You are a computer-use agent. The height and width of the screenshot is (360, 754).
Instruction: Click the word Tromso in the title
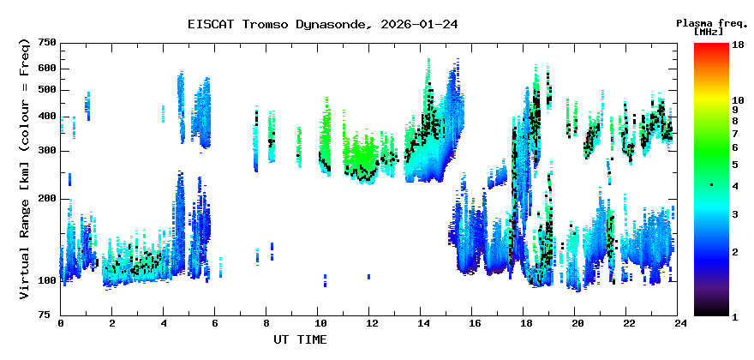[263, 24]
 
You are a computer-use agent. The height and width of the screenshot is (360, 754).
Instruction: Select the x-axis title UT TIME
[300, 340]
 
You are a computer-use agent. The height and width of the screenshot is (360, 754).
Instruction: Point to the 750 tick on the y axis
[47, 42]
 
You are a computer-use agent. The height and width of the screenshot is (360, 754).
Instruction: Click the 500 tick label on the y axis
[47, 90]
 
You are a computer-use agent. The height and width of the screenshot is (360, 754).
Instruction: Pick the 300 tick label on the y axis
[47, 151]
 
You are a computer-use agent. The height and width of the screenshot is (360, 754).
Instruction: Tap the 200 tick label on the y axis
[47, 199]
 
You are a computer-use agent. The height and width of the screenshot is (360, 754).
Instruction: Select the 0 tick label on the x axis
[61, 323]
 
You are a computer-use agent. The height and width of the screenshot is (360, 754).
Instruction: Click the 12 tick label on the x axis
[369, 323]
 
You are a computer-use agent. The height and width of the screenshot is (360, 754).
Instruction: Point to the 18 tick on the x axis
[524, 323]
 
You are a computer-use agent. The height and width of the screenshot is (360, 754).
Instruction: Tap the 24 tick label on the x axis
[678, 323]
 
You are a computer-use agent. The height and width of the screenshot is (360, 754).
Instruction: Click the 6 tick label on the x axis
[215, 323]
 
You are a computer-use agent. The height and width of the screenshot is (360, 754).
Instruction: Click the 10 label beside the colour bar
[739, 100]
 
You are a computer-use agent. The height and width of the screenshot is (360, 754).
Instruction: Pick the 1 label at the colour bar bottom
[735, 316]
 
